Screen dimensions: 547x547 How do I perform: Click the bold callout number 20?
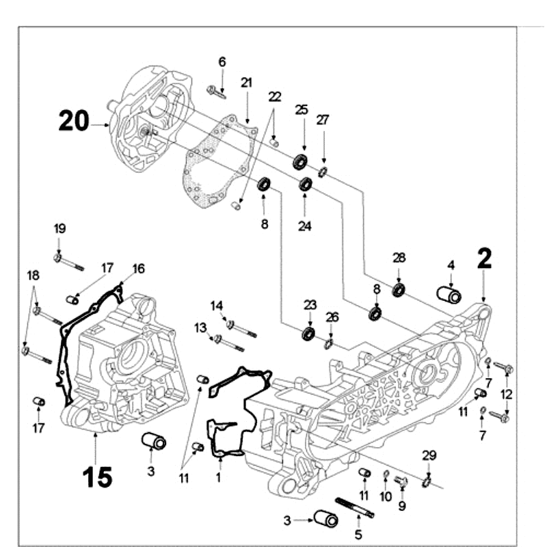[73, 121]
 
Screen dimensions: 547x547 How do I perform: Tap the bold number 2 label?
[484, 259]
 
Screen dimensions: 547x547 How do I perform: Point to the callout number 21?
[246, 83]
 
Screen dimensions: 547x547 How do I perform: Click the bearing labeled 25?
[299, 162]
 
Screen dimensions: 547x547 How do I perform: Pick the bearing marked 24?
[306, 183]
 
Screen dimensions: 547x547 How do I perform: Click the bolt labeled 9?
[401, 482]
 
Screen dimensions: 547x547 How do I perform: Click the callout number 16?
[139, 269]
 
